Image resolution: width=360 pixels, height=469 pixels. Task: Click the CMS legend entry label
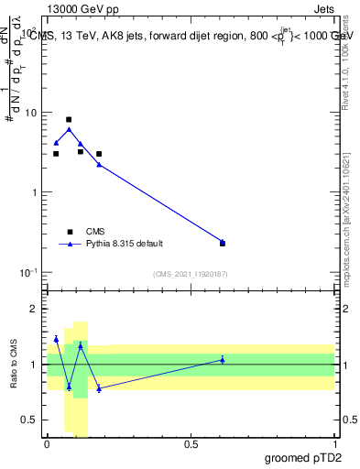pos(95,232)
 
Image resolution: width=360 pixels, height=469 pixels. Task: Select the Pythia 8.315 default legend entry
pos(124,244)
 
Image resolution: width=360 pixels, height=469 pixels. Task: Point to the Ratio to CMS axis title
pos(14,365)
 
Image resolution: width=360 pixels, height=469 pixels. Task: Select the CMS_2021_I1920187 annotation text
pos(191,274)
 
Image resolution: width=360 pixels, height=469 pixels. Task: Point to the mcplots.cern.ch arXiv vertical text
pos(351,197)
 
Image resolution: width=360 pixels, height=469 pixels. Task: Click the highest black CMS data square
pos(69,119)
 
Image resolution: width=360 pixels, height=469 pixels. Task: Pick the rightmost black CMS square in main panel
pos(223,244)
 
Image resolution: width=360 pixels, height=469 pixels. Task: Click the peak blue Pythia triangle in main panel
pos(69,129)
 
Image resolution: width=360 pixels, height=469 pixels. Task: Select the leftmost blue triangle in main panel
pos(56,143)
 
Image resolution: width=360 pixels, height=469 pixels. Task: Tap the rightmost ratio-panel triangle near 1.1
pos(223,359)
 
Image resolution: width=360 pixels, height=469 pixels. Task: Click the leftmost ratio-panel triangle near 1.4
pos(56,339)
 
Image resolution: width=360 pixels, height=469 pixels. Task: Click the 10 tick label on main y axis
pos(30,113)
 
